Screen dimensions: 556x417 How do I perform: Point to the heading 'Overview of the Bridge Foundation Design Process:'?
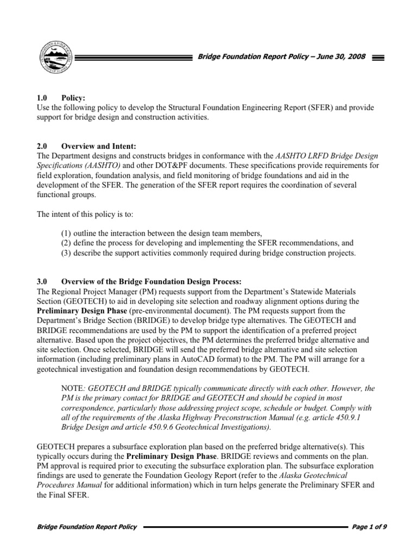(151, 281)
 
